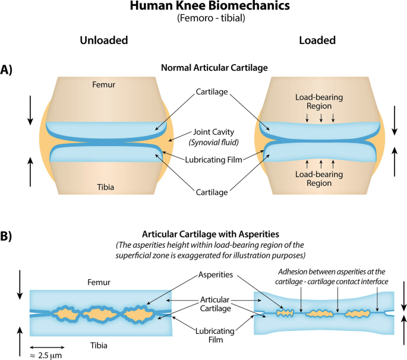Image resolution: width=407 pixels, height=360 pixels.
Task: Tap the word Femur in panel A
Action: point(103,85)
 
